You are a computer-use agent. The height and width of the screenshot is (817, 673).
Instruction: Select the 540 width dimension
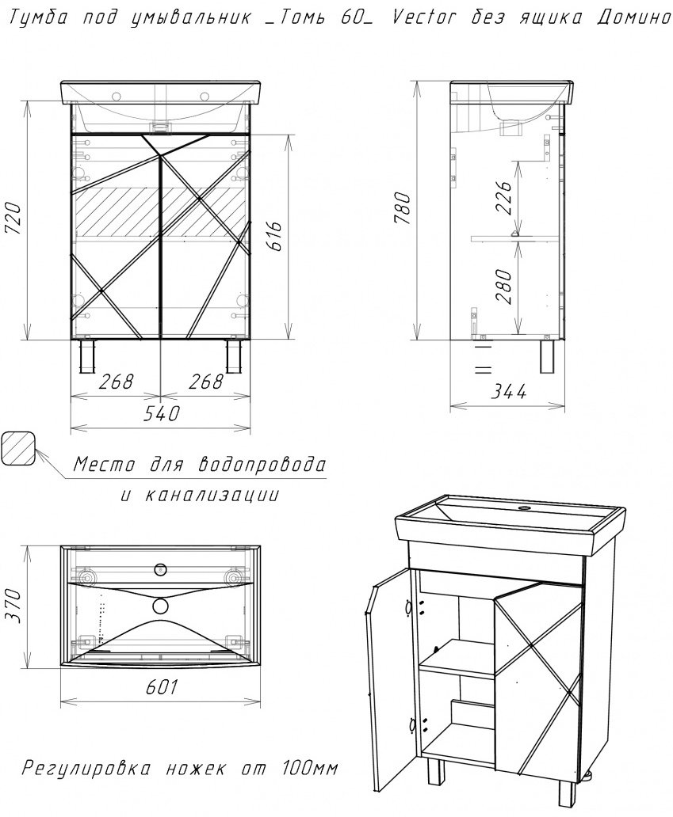(161, 413)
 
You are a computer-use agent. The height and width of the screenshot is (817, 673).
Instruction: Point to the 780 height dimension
(403, 208)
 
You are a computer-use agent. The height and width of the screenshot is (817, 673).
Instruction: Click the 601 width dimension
(160, 686)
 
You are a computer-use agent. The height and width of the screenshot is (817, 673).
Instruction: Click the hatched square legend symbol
(18, 447)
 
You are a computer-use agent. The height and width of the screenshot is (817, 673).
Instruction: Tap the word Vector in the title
(424, 17)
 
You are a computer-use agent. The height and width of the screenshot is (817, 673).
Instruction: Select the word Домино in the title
(633, 17)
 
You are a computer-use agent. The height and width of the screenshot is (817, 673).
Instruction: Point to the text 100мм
(310, 767)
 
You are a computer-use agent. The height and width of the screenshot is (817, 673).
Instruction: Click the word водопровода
(262, 463)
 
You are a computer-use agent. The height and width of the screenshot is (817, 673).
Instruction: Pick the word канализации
(210, 494)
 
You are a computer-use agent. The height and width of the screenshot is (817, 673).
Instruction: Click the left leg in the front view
(86, 357)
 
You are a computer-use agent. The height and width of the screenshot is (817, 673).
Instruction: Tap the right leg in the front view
(233, 357)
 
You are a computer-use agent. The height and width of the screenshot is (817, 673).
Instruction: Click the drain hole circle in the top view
(161, 605)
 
